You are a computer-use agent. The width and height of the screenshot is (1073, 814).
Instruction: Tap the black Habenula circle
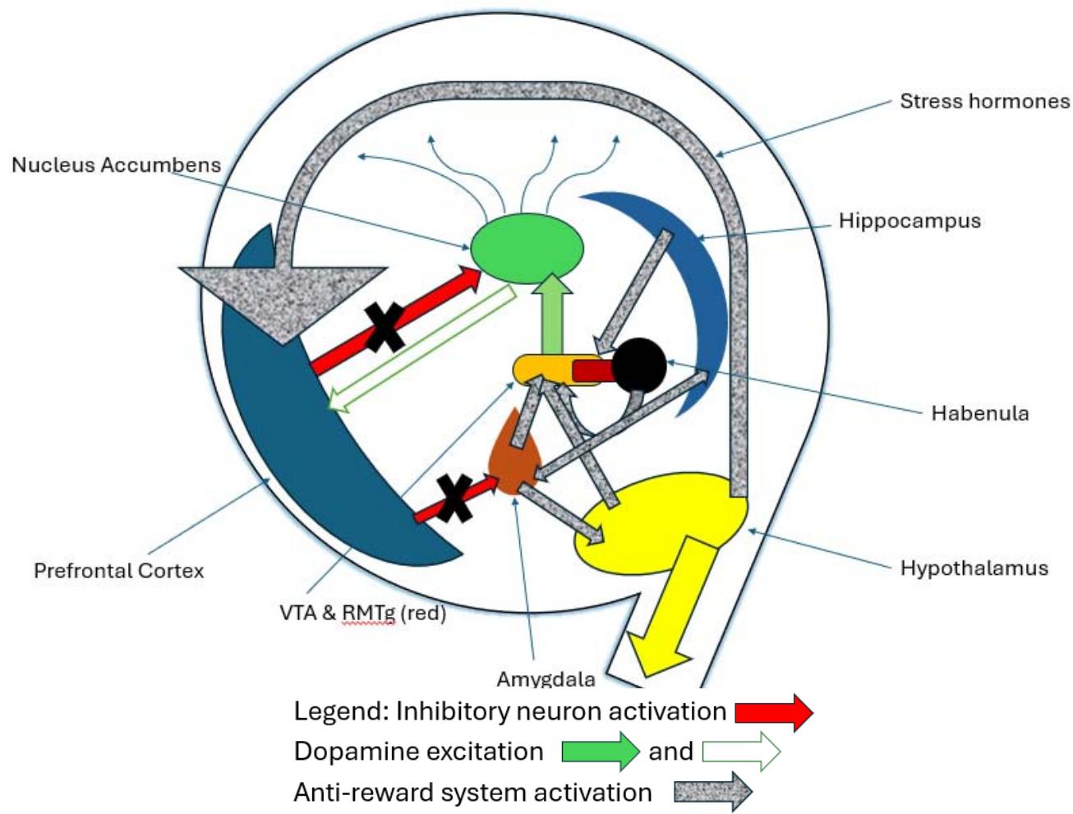pos(639,364)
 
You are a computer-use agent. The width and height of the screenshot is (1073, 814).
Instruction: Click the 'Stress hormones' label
pos(984,101)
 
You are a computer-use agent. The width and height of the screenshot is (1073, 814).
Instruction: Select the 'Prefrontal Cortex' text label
pos(118,571)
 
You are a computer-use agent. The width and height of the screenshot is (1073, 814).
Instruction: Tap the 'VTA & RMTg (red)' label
pos(362,613)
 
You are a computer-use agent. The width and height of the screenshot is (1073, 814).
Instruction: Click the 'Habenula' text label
pos(979,412)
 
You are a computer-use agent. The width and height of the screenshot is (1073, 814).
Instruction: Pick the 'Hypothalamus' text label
pos(974,568)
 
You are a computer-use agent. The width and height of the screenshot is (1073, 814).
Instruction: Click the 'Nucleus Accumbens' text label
pos(116,164)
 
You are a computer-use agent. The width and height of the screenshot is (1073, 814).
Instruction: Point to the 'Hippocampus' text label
pos(910,221)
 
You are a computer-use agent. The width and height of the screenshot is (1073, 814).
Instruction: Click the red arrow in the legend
pos(773,712)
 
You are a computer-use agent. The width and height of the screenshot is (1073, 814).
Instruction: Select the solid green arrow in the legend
pos(600,751)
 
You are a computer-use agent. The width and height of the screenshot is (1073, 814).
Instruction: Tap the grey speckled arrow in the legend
pos(712,792)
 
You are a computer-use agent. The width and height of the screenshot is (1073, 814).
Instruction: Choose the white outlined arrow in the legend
pos(740,751)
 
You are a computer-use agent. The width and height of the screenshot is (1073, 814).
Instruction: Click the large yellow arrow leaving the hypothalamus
pos(674,608)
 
